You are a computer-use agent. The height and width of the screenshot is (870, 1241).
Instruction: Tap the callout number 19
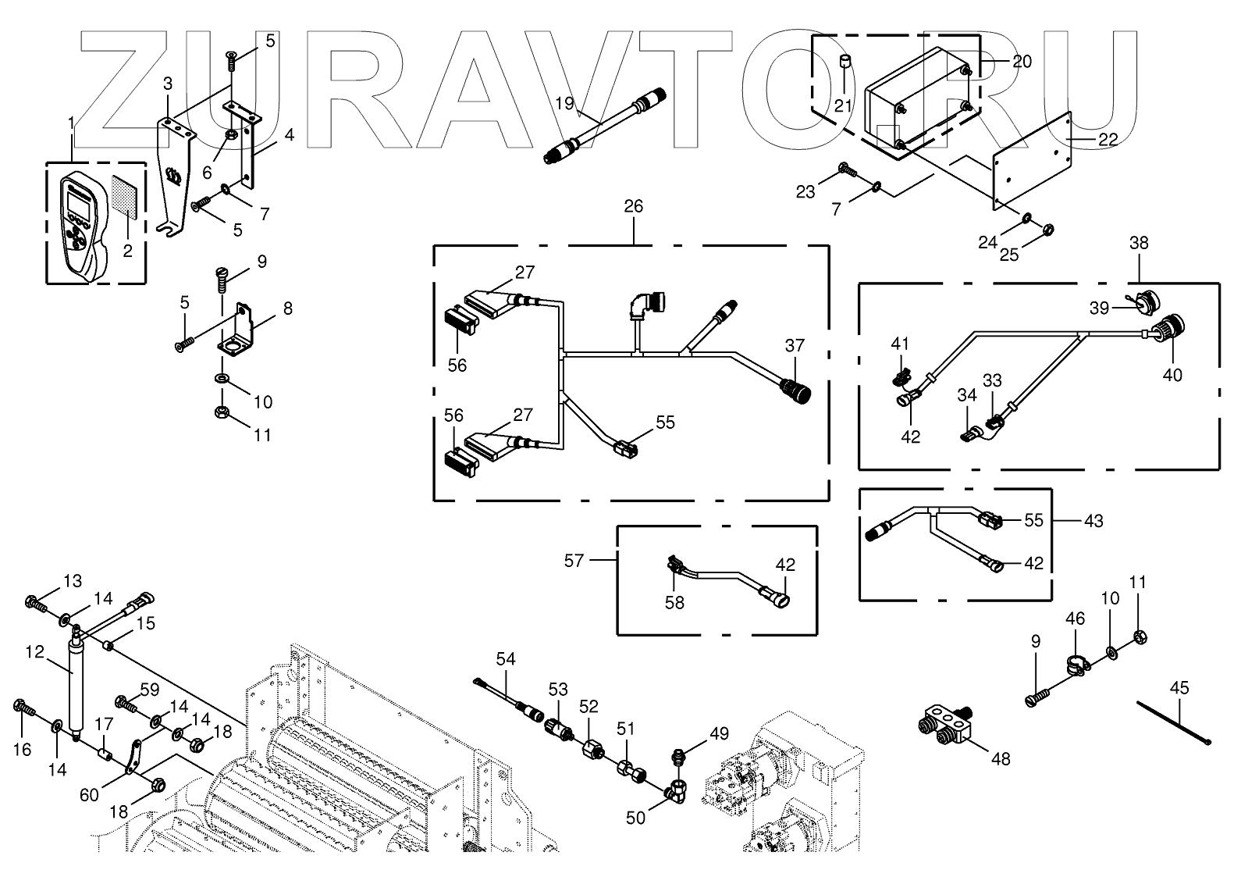click(x=564, y=102)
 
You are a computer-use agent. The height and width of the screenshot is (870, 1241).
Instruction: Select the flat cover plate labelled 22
click(x=1031, y=159)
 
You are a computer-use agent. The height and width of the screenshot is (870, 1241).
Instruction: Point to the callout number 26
click(x=633, y=206)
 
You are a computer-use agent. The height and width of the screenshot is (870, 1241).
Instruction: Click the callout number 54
click(x=506, y=659)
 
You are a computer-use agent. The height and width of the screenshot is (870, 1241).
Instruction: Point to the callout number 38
click(x=1139, y=243)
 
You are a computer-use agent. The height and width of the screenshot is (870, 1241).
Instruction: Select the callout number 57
click(x=574, y=560)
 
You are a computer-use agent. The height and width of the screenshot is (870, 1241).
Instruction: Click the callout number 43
click(x=1093, y=520)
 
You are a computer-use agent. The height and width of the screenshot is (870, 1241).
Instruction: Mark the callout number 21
click(x=842, y=106)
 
